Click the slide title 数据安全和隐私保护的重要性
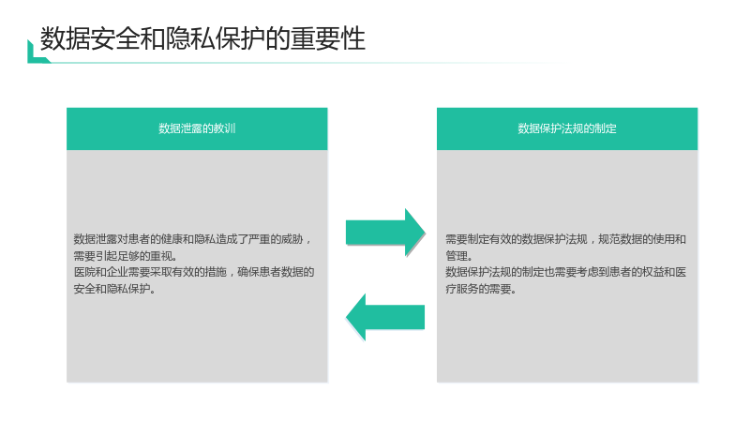coord(202,38)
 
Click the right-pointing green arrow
coord(385,233)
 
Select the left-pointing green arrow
coord(385,317)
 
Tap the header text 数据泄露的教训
coord(197,128)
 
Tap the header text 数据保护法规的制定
coord(567,128)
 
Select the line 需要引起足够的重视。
coord(127,256)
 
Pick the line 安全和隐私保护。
coord(114,289)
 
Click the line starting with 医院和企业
coord(194,272)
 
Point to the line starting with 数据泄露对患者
coord(193,239)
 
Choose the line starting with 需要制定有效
coord(566,239)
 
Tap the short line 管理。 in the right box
coord(459,256)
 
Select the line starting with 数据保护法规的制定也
coord(566,272)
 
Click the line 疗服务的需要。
coord(481,289)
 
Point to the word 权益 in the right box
coord(653,272)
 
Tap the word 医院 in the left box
coord(84,272)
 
